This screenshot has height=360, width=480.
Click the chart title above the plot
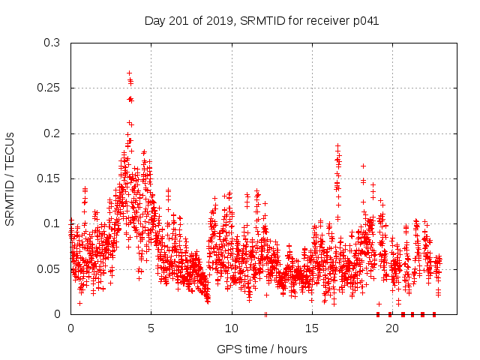point(261,21)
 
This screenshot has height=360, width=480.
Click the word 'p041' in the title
point(364,21)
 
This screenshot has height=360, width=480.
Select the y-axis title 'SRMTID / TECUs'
point(10,178)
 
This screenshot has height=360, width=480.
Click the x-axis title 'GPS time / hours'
point(261,349)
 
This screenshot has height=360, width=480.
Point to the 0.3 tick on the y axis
point(52,43)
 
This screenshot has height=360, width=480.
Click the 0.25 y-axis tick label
point(49,88)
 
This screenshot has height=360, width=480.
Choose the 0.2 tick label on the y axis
point(52,133)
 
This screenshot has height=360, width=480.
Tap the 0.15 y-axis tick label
point(49,178)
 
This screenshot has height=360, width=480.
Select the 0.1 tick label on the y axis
point(52,223)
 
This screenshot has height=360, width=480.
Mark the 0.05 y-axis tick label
point(49,268)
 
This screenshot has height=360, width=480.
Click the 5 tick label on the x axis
point(151,328)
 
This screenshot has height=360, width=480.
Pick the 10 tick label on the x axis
point(231,328)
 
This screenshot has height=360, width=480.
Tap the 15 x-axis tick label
point(311,328)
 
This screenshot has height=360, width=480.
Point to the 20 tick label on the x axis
point(391,328)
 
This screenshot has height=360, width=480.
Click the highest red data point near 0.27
point(129,73)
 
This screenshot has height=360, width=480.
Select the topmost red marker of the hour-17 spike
point(337,145)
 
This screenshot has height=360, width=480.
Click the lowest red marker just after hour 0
point(79,303)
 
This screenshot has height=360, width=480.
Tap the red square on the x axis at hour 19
point(377,314)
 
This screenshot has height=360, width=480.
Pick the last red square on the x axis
point(434,314)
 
